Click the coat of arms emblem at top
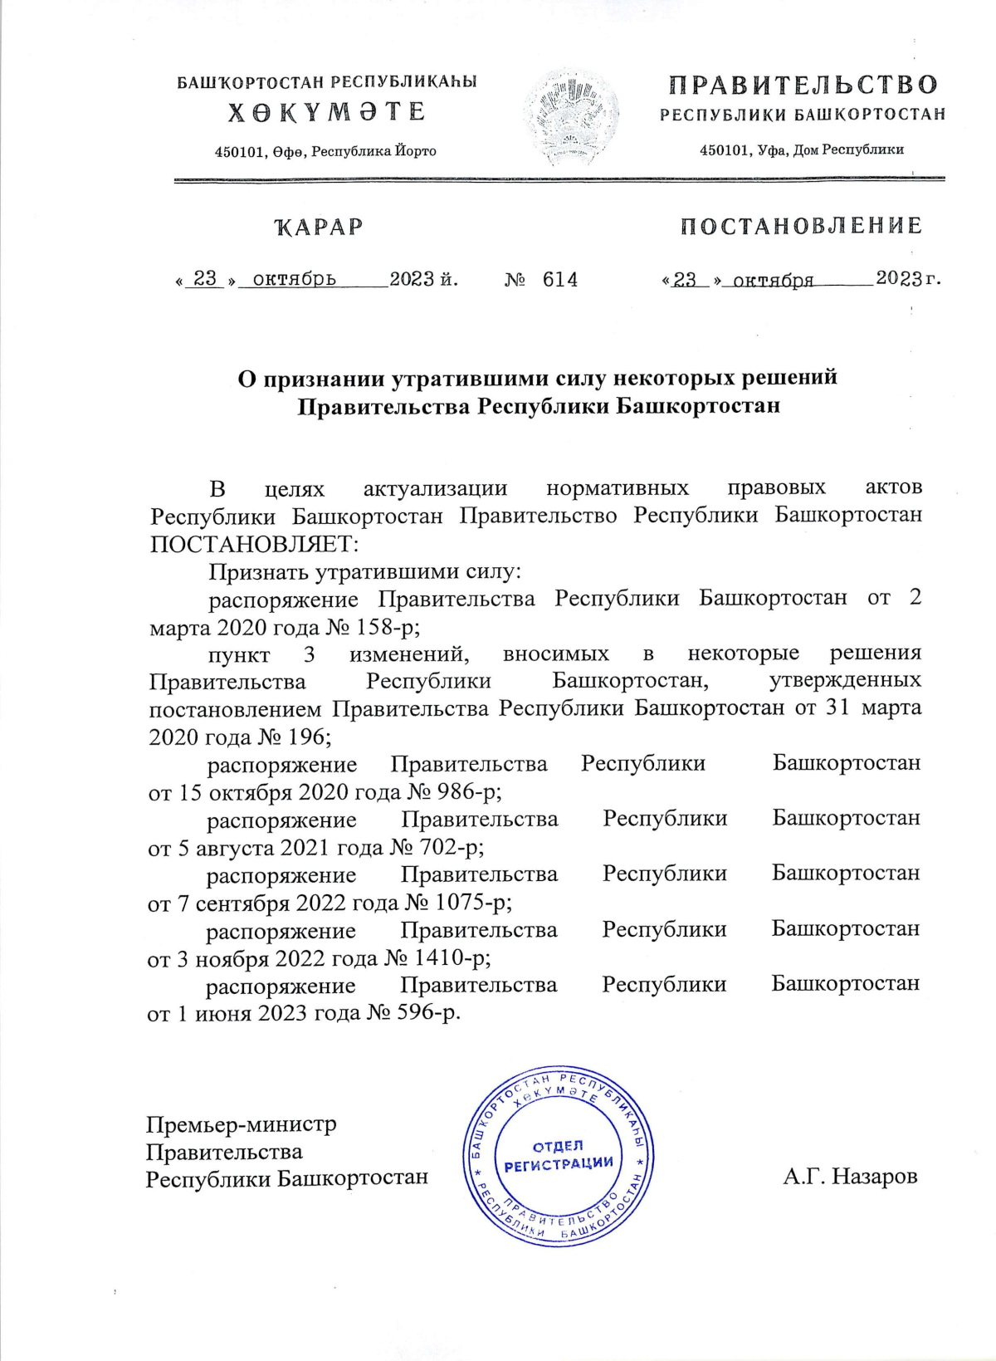point(571,116)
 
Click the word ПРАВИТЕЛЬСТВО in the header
point(803,85)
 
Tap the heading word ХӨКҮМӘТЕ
point(326,112)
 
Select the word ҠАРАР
point(319,227)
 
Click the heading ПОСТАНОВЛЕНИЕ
point(801,226)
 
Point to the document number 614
point(560,280)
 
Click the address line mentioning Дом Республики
point(801,150)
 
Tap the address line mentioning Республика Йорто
point(325,151)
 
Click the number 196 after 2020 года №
point(306,737)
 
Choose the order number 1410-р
point(456,957)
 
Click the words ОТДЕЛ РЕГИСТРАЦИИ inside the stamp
point(559,1155)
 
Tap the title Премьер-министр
point(242,1125)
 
